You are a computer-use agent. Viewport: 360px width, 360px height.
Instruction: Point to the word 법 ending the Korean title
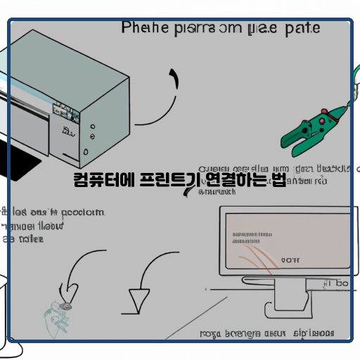click(278, 181)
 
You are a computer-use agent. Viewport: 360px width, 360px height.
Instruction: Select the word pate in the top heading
click(303, 28)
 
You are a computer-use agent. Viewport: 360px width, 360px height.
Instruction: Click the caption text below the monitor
click(267, 333)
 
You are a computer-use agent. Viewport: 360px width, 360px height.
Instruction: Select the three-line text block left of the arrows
click(49, 225)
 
